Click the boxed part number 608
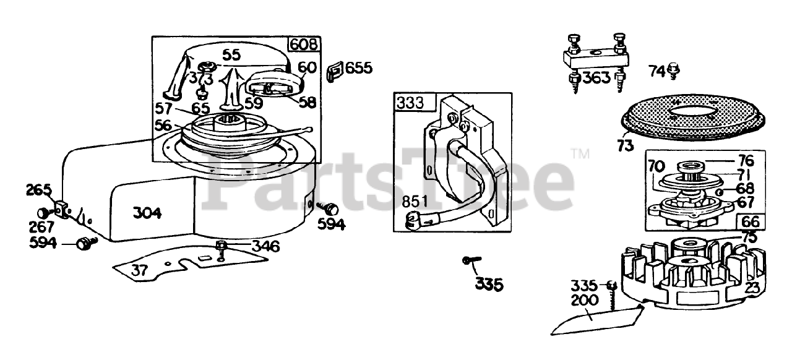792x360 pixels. pyautogui.click(x=304, y=45)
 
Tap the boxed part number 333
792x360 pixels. pyautogui.click(x=410, y=103)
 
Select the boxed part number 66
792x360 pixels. pyautogui.click(x=751, y=221)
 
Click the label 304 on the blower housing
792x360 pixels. pyautogui.click(x=147, y=213)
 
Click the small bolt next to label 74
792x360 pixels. pyautogui.click(x=674, y=71)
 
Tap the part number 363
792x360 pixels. pyautogui.click(x=596, y=78)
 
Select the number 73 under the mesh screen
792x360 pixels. pyautogui.click(x=625, y=145)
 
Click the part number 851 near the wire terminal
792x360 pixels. pyautogui.click(x=415, y=202)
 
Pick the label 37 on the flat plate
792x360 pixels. pyautogui.click(x=139, y=270)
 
